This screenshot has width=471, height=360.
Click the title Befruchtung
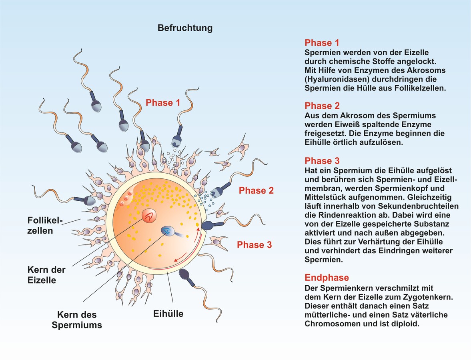point(185,28)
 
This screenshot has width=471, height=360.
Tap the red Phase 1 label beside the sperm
point(163,103)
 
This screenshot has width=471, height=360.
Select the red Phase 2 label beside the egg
point(256,190)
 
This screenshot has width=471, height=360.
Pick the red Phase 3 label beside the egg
point(255,245)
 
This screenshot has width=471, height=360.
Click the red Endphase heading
point(327,278)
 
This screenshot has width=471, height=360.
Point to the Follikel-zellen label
point(45,226)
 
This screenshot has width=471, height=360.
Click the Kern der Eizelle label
point(46,275)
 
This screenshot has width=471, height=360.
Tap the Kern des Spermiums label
point(77,320)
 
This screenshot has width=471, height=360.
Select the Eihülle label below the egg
point(168,314)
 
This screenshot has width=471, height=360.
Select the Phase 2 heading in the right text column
point(322,106)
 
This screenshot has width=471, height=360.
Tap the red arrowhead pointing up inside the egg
point(198,230)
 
